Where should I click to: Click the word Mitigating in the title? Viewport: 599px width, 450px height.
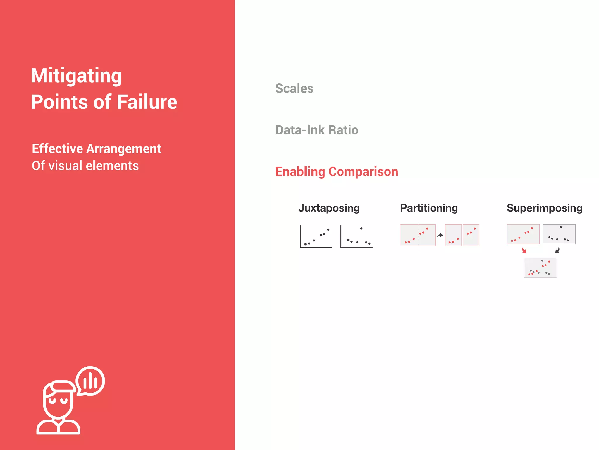click(x=76, y=76)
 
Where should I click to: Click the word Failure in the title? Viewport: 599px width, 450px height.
click(x=147, y=102)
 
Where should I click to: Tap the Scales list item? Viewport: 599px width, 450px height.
click(x=294, y=88)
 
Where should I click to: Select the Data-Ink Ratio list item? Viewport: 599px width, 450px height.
click(x=317, y=130)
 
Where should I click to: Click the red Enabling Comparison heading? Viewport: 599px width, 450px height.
click(x=337, y=172)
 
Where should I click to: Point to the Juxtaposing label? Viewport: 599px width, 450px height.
click(x=329, y=208)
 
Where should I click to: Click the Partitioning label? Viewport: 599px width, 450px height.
click(x=429, y=208)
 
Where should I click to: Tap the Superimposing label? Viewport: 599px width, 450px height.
click(x=545, y=208)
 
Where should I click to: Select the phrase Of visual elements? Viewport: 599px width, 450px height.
click(x=85, y=166)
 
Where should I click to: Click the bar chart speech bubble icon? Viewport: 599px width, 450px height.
click(x=90, y=381)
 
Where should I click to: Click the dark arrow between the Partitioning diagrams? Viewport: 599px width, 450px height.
click(x=440, y=235)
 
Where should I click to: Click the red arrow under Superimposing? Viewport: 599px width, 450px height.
click(x=524, y=250)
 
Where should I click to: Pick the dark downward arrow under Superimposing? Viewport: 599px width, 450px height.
click(x=557, y=250)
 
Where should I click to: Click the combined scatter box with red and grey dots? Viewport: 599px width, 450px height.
click(x=540, y=267)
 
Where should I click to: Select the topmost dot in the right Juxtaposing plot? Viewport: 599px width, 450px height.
click(x=362, y=229)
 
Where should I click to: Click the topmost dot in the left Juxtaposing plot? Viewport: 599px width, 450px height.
click(x=328, y=229)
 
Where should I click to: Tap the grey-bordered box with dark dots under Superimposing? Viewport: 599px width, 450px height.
click(x=559, y=234)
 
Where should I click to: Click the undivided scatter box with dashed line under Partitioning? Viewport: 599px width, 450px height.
click(x=418, y=235)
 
